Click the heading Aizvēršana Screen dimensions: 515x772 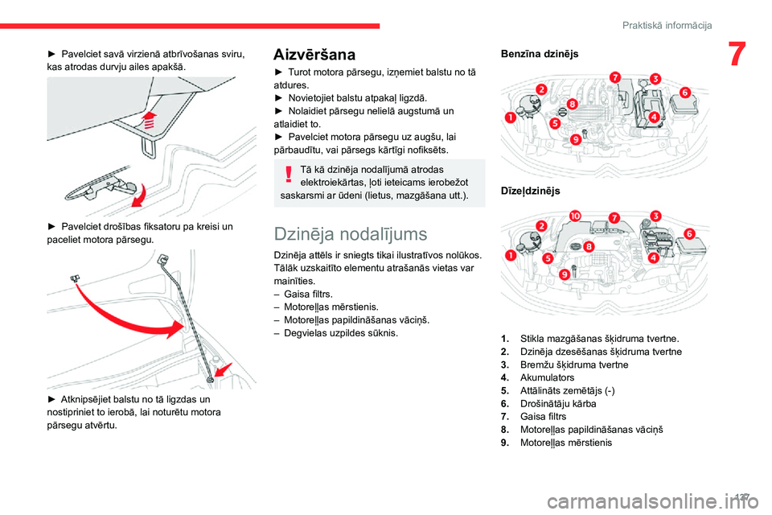pos(314,56)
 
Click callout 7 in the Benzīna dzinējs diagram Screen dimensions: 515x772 pos(614,78)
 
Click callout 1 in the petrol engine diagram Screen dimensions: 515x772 pos(510,118)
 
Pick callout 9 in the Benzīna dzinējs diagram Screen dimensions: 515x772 pos(576,140)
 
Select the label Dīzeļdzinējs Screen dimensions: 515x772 pos(530,192)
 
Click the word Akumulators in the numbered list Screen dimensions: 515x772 pos(547,377)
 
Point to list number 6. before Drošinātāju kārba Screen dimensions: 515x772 pos(503,403)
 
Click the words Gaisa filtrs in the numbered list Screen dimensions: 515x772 pos(543,416)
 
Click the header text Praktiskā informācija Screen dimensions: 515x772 pos(667,26)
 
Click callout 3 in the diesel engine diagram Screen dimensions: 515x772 pos(656,216)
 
